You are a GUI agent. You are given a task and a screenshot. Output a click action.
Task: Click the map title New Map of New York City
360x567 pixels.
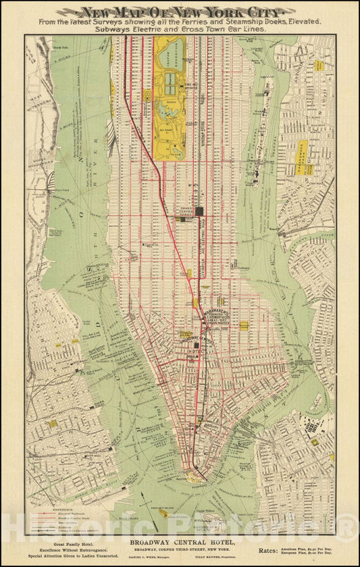[x=180, y=11]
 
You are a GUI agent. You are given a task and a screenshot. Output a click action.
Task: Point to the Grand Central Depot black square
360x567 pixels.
[x=199, y=212]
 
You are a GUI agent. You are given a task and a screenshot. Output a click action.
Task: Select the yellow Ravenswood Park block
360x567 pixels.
[x=301, y=158]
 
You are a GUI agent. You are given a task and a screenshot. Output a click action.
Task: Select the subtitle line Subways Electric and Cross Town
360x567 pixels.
[x=180, y=30]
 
